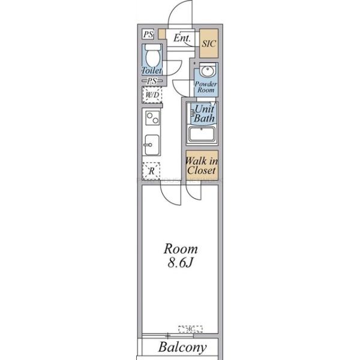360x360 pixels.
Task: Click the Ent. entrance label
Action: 182,38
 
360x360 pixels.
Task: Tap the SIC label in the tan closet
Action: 208,44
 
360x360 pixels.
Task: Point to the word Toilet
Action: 152,71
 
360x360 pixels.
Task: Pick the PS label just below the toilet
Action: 152,81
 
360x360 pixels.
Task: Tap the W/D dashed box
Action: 152,94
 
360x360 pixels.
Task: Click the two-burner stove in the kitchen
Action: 152,118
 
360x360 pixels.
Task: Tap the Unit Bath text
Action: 205,114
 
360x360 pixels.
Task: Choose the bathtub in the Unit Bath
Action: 204,134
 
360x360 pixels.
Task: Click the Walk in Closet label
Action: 202,166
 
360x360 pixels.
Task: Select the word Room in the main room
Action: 181,249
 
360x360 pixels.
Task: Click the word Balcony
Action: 183,347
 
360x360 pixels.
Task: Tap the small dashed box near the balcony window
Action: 190,329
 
